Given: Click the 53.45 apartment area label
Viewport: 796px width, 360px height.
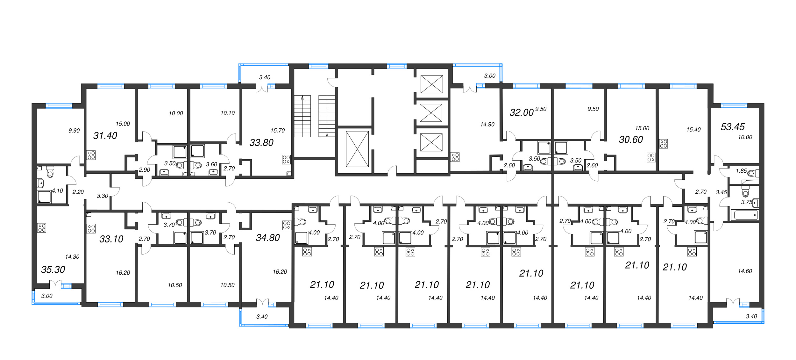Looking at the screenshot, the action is [733, 127].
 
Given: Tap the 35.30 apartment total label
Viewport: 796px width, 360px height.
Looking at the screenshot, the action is [53, 270].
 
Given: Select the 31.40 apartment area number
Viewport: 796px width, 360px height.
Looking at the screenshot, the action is [105, 135].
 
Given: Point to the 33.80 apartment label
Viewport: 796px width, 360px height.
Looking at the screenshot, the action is [261, 142].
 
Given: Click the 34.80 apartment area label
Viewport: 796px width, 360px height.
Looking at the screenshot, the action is [268, 237].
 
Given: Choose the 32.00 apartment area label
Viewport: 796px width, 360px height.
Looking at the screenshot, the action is [522, 112].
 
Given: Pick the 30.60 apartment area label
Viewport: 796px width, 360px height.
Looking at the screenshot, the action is [631, 139].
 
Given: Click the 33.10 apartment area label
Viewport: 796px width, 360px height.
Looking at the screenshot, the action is [111, 239].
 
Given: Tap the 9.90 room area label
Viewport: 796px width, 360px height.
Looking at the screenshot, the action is [74, 131].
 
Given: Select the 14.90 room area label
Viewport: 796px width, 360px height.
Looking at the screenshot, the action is [487, 124].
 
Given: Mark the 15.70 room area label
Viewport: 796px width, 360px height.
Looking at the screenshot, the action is [278, 130].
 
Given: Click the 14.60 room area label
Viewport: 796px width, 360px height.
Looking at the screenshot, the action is [745, 271].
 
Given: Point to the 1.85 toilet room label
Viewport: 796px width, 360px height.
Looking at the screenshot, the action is [741, 171].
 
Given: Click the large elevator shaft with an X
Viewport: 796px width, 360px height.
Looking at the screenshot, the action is [357, 149].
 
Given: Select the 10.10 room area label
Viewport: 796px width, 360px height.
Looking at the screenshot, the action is [228, 113].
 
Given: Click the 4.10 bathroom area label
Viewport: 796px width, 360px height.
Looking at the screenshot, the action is [58, 191].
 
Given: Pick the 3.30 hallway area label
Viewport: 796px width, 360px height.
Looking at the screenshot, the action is [103, 196].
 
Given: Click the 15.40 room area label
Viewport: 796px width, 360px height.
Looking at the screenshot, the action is [693, 129].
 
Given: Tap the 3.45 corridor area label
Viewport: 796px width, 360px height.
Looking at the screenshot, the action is [721, 192].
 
